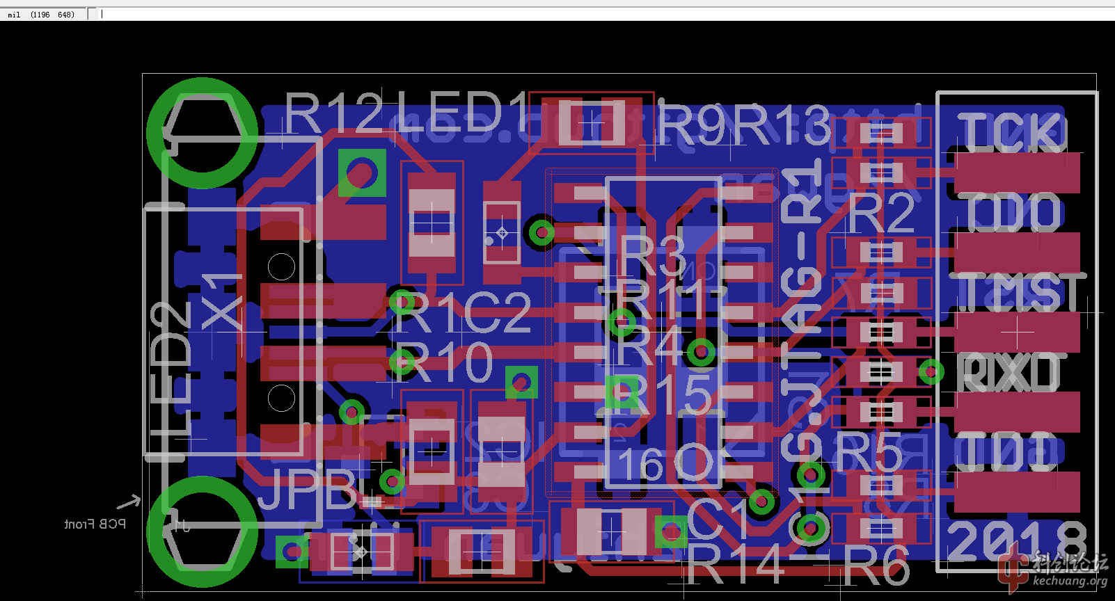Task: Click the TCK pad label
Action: point(1013,132)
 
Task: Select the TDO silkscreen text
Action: point(1013,213)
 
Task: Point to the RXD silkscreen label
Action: point(1009,373)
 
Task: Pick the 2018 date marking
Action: point(1016,541)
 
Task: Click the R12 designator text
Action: point(334,113)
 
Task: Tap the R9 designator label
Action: point(693,125)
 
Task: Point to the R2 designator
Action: point(881,214)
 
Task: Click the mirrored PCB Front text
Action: point(95,524)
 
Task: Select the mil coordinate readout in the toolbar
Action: point(42,14)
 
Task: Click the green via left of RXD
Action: point(931,372)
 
